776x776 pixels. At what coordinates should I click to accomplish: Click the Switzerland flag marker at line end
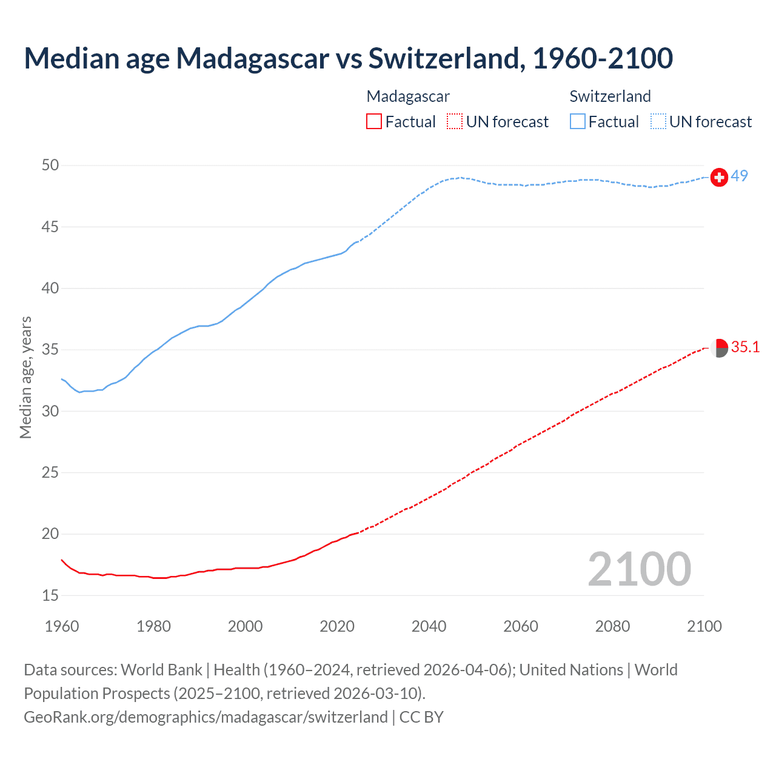click(719, 177)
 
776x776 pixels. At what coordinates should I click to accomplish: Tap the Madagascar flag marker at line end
click(719, 348)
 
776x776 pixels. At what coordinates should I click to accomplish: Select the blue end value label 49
click(740, 176)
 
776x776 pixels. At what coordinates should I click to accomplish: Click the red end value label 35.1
click(745, 347)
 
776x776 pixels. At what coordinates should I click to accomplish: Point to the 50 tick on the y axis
click(51, 165)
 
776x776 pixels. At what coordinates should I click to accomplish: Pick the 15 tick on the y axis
click(51, 595)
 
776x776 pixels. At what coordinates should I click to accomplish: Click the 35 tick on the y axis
click(51, 350)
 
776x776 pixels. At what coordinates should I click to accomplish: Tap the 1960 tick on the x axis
click(62, 626)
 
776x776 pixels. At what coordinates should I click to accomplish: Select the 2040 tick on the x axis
click(429, 626)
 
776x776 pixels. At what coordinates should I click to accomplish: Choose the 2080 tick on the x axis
click(612, 626)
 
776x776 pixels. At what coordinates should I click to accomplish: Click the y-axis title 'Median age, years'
click(25, 377)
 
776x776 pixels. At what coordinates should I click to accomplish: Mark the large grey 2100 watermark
click(639, 569)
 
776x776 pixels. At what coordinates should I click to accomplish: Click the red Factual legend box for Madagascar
click(374, 122)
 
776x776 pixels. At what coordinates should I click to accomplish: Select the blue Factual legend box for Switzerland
click(577, 122)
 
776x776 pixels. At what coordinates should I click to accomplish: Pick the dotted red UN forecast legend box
click(455, 122)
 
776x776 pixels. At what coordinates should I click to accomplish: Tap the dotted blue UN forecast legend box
click(658, 122)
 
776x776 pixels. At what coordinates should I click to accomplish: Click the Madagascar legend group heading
click(408, 96)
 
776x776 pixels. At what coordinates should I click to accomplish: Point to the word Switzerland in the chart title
click(443, 58)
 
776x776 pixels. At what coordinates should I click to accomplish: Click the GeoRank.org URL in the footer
click(206, 717)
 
